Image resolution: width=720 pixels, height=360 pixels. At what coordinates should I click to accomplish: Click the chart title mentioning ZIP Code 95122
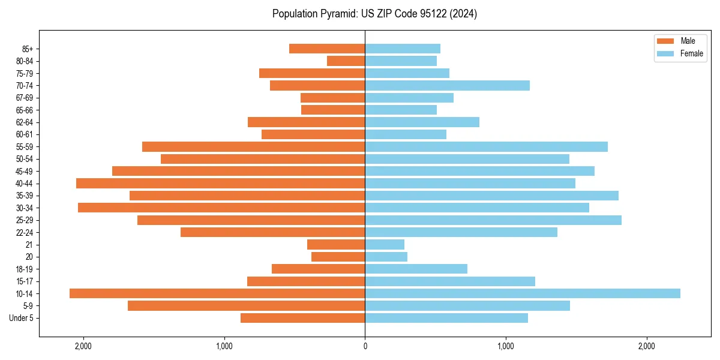point(374,14)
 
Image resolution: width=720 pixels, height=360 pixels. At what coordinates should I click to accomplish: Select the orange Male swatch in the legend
point(665,41)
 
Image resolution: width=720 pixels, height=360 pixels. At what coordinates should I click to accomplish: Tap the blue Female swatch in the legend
point(665,53)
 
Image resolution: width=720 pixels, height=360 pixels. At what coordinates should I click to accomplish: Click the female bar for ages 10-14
point(522,293)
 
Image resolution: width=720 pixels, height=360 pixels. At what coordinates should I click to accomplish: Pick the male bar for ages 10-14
point(217,293)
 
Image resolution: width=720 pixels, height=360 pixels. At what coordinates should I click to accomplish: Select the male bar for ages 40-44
point(220,183)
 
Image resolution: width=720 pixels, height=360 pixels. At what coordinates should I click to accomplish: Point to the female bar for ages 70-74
point(447,85)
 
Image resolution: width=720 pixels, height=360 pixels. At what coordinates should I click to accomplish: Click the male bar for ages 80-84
point(346,61)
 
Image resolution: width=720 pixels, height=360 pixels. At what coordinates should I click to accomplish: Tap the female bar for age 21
point(385,244)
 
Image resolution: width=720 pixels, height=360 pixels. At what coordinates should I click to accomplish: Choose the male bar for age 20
point(338,257)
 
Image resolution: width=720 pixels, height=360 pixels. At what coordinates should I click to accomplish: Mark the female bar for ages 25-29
point(493,220)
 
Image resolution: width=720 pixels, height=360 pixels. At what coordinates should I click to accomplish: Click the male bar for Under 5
point(302,318)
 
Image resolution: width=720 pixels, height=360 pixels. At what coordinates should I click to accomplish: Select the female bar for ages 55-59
point(486,146)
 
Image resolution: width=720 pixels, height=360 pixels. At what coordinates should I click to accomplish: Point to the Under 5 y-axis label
point(21,318)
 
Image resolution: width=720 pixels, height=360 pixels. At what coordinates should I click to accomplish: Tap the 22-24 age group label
point(24,232)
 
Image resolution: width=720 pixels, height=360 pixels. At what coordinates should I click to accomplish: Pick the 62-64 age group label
point(24,122)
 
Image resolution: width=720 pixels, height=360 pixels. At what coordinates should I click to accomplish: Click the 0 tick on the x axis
point(365,346)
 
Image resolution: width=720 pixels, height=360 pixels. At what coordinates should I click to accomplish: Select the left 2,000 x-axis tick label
point(83,346)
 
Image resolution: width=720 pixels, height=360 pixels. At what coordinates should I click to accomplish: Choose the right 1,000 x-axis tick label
point(505,346)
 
